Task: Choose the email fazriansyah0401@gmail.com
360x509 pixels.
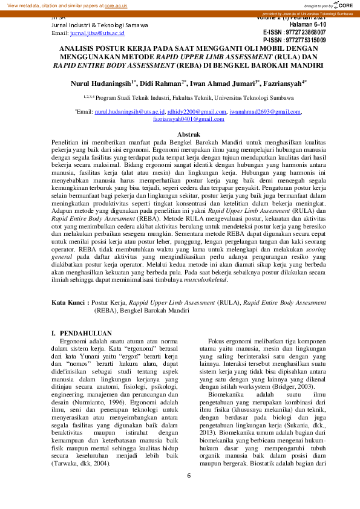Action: click(x=180, y=119)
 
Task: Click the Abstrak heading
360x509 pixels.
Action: click(x=180, y=134)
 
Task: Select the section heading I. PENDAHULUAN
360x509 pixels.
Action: click(x=81, y=333)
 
